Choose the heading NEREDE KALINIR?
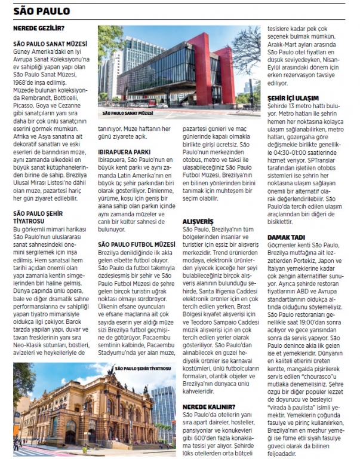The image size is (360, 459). (x=209, y=407)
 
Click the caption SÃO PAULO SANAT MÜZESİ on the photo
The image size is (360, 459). (x=129, y=113)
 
